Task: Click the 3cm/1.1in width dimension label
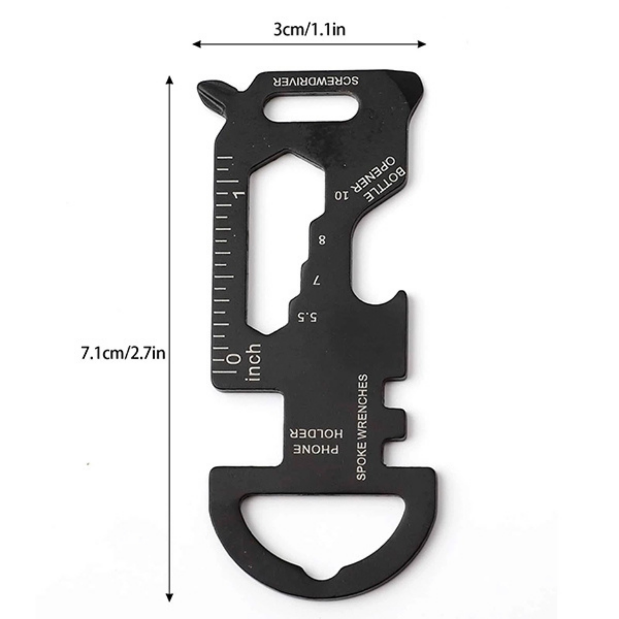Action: [309, 30]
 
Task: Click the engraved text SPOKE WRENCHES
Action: [361, 427]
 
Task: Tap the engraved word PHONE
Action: [316, 449]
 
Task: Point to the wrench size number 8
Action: [322, 239]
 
